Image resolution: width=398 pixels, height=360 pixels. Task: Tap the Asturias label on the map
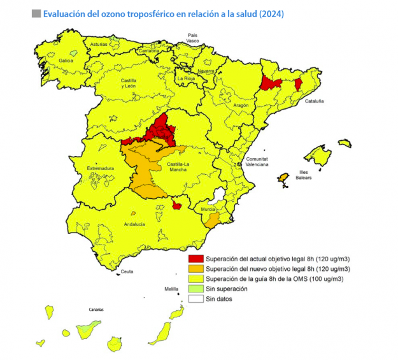coord(99,44)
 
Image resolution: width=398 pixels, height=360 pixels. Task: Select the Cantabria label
coord(148,51)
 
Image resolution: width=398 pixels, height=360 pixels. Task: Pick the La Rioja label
coord(186,79)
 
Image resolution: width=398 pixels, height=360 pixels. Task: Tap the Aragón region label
coord(241,105)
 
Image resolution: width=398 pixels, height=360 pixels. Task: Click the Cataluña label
coord(314,101)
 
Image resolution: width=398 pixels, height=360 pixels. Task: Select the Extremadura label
coord(99,168)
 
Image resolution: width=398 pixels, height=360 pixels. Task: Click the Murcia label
coord(208,209)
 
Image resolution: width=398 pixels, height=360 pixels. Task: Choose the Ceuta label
coord(127,271)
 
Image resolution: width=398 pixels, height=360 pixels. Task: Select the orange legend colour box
coord(195,269)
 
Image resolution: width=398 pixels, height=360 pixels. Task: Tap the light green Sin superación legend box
coord(195,289)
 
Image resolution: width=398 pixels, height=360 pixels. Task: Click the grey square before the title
coord(36,13)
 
